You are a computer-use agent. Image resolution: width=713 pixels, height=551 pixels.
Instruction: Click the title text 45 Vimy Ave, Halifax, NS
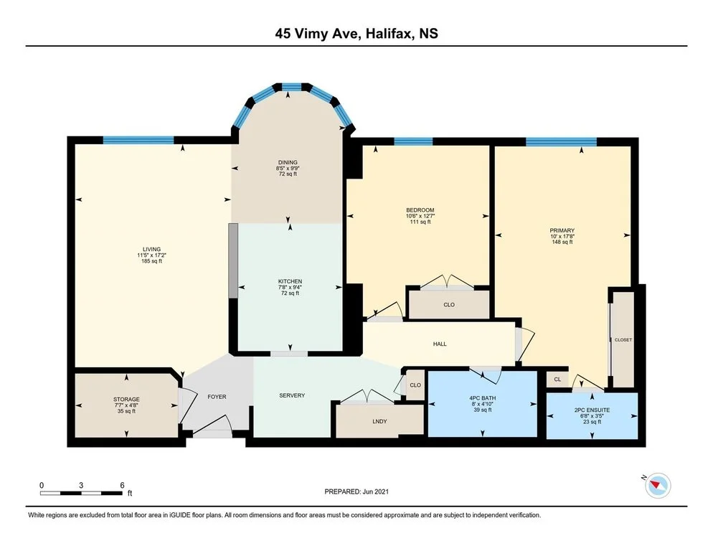pyautogui.click(x=356, y=34)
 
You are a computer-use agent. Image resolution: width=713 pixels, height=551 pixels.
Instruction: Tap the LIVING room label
pyautogui.click(x=152, y=250)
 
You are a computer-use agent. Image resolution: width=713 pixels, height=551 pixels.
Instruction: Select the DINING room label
pyautogui.click(x=288, y=162)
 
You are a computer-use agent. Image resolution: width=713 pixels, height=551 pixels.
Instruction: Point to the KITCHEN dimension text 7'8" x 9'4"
pyautogui.click(x=290, y=287)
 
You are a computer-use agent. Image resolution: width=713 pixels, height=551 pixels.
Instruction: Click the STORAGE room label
pyautogui.click(x=126, y=400)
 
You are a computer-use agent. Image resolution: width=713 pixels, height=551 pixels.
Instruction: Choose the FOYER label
pyautogui.click(x=217, y=397)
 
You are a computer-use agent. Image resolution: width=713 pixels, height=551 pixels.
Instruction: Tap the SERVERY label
pyautogui.click(x=292, y=395)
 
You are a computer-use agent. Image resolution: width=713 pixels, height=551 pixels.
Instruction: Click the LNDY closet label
pyautogui.click(x=379, y=421)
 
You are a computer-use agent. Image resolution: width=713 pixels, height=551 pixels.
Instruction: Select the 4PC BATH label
pyautogui.click(x=483, y=398)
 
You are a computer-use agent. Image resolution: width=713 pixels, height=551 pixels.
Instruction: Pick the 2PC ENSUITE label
pyautogui.click(x=592, y=410)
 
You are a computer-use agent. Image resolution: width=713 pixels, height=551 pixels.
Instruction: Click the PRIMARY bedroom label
pyautogui.click(x=562, y=231)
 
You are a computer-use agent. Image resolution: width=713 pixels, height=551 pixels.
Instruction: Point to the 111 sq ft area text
pyautogui.click(x=420, y=222)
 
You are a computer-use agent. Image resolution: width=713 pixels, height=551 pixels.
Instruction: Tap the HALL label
pyautogui.click(x=440, y=344)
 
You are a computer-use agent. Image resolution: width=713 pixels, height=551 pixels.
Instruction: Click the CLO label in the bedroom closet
pyautogui.click(x=449, y=305)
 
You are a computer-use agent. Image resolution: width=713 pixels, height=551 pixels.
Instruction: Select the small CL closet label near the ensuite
pyautogui.click(x=557, y=380)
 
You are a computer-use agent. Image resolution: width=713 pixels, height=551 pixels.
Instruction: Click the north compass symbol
pyautogui.click(x=657, y=485)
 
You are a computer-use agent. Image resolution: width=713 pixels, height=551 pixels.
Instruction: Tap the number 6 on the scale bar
pyautogui.click(x=122, y=486)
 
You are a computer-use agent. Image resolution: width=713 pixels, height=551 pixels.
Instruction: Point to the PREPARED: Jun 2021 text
pyautogui.click(x=356, y=491)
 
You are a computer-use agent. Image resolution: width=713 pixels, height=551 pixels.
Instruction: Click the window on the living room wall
pyautogui.click(x=138, y=140)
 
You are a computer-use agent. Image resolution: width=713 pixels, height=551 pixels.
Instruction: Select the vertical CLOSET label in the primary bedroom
pyautogui.click(x=623, y=340)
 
